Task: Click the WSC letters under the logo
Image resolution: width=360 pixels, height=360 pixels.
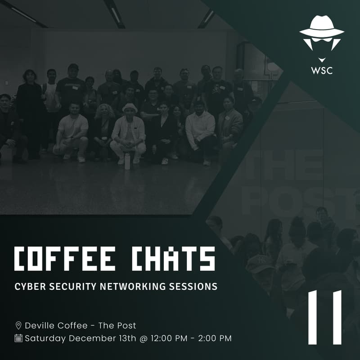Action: coord(322,71)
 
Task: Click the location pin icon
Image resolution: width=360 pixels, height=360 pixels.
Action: coord(18,325)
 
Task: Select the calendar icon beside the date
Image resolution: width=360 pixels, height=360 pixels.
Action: coord(18,338)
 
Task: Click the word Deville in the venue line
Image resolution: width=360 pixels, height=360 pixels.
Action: coord(40,325)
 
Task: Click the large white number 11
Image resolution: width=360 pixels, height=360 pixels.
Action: coord(325,317)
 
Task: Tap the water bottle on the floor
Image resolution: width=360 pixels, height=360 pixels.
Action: coord(127,161)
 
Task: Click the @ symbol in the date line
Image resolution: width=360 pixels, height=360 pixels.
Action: coord(143,338)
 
